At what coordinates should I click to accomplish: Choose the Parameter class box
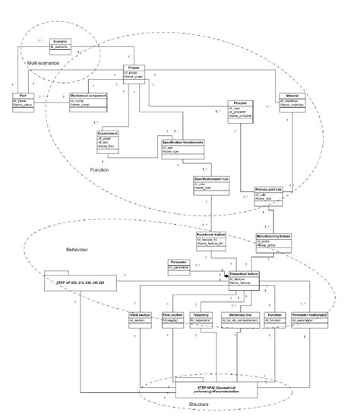pos(182,265)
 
